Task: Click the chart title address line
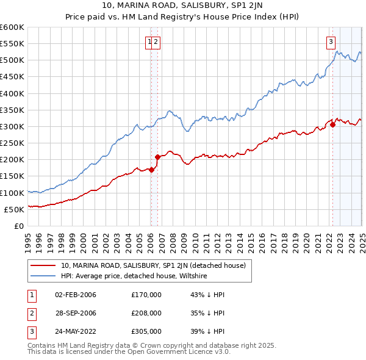[x=183, y=7]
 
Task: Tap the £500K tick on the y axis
[x=12, y=60]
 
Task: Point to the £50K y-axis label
[x=14, y=209]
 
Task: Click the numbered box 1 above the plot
[x=149, y=42]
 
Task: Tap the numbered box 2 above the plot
[x=156, y=42]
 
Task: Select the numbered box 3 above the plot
[x=331, y=42]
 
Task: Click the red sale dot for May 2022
[x=332, y=125]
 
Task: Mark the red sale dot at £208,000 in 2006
[x=157, y=157]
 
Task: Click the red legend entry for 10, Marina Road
[x=153, y=265]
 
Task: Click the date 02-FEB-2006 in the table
[x=76, y=295]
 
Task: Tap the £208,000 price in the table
[x=146, y=313]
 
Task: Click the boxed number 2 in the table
[x=30, y=313]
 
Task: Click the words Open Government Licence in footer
[x=170, y=352]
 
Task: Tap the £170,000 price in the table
[x=146, y=295]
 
